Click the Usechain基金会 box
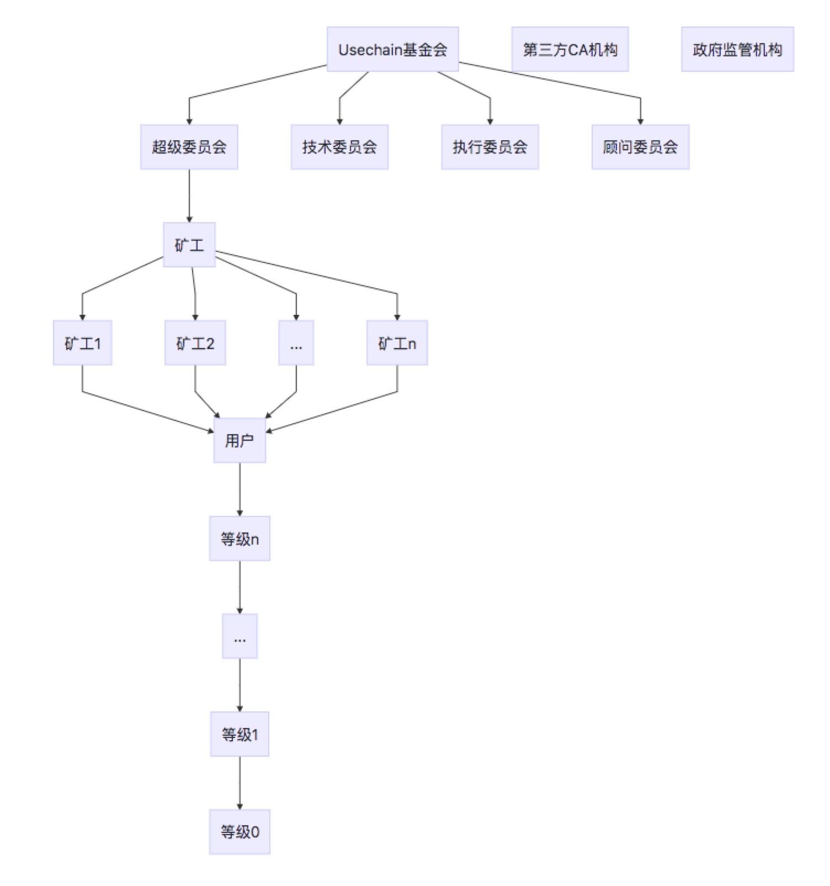pos(392,49)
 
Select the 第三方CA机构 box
pos(570,49)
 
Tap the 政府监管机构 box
pos(737,49)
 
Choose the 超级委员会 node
pos(189,147)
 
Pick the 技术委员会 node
pos(339,147)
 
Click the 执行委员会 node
pos(490,147)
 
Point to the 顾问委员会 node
pos(640,147)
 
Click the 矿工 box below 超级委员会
pos(189,245)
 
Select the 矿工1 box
pos(82,343)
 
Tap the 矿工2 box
pos(195,343)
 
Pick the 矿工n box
pos(397,343)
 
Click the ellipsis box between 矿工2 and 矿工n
pos(296,343)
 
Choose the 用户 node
pos(240,440)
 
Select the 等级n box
pos(240,539)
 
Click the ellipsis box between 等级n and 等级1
pos(240,636)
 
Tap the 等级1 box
pos(240,734)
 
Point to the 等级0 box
pos(240,832)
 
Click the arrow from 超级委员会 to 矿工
pos(189,196)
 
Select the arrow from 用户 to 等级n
pos(240,489)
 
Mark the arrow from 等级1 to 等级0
pos(240,783)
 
